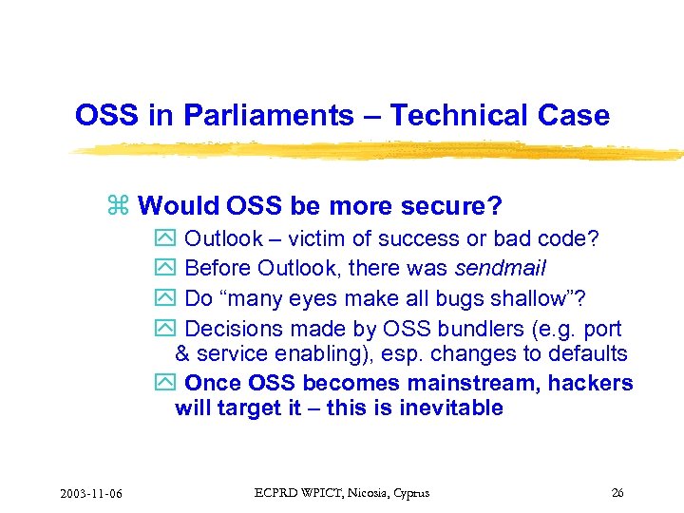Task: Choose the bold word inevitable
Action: click(451, 408)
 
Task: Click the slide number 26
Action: click(617, 493)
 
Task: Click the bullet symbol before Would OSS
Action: click(119, 206)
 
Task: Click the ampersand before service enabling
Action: click(182, 353)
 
